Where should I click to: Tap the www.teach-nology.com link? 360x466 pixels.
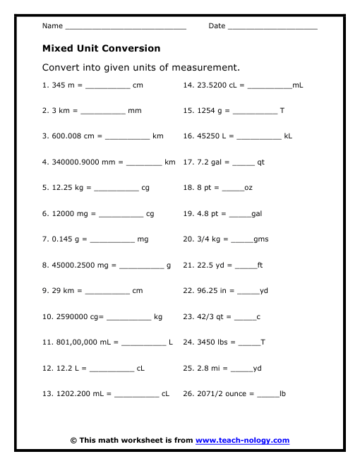pyautogui.click(x=242, y=441)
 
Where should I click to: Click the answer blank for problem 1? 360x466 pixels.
pyautogui.click(x=108, y=86)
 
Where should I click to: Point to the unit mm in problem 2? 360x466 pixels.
pyautogui.click(x=135, y=111)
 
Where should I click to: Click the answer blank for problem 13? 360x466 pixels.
pyautogui.click(x=136, y=395)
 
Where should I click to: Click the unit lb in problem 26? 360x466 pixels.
pyautogui.click(x=283, y=393)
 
